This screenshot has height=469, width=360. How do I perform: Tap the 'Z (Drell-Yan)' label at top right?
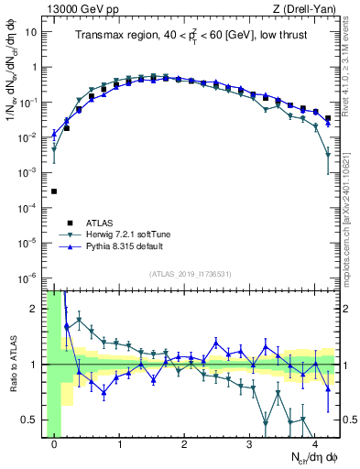pos(308,9)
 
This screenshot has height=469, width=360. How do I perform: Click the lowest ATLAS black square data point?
pos(55,191)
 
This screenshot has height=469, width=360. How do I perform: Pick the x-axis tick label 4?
pos(314,445)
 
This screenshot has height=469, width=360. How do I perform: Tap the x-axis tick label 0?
pos(55,445)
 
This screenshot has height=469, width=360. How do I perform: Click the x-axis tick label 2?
pos(185,445)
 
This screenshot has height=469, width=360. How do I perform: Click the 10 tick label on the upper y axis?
pos(31,32)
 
